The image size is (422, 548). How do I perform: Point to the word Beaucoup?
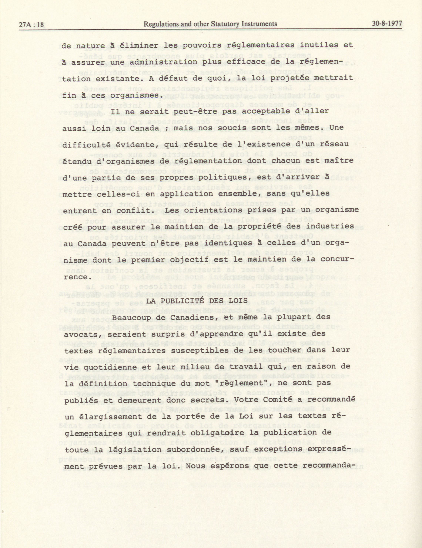(x=132, y=317)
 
